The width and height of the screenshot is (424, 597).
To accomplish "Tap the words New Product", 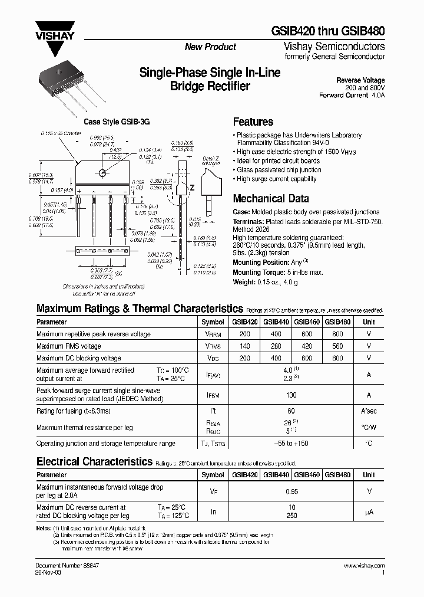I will point(210,47).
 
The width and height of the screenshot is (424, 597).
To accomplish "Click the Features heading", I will point(253,122).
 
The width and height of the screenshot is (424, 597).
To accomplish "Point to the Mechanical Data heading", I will point(271,199).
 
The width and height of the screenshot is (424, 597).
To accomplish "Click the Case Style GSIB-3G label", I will point(117,122).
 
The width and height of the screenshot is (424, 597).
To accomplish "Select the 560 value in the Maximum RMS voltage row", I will point(338,346).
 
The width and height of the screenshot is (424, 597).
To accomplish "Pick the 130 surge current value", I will point(291,396).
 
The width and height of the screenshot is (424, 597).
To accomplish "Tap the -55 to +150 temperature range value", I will point(291,443).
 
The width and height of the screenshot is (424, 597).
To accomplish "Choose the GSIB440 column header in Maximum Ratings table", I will point(276,323).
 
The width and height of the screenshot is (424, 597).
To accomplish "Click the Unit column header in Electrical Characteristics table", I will point(369,475).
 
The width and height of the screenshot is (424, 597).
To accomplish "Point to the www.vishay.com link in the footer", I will point(364,565).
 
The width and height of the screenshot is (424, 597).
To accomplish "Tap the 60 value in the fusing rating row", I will point(291,411).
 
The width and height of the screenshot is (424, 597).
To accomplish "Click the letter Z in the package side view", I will point(191,187).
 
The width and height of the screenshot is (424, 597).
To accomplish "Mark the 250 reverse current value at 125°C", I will point(291,516).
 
